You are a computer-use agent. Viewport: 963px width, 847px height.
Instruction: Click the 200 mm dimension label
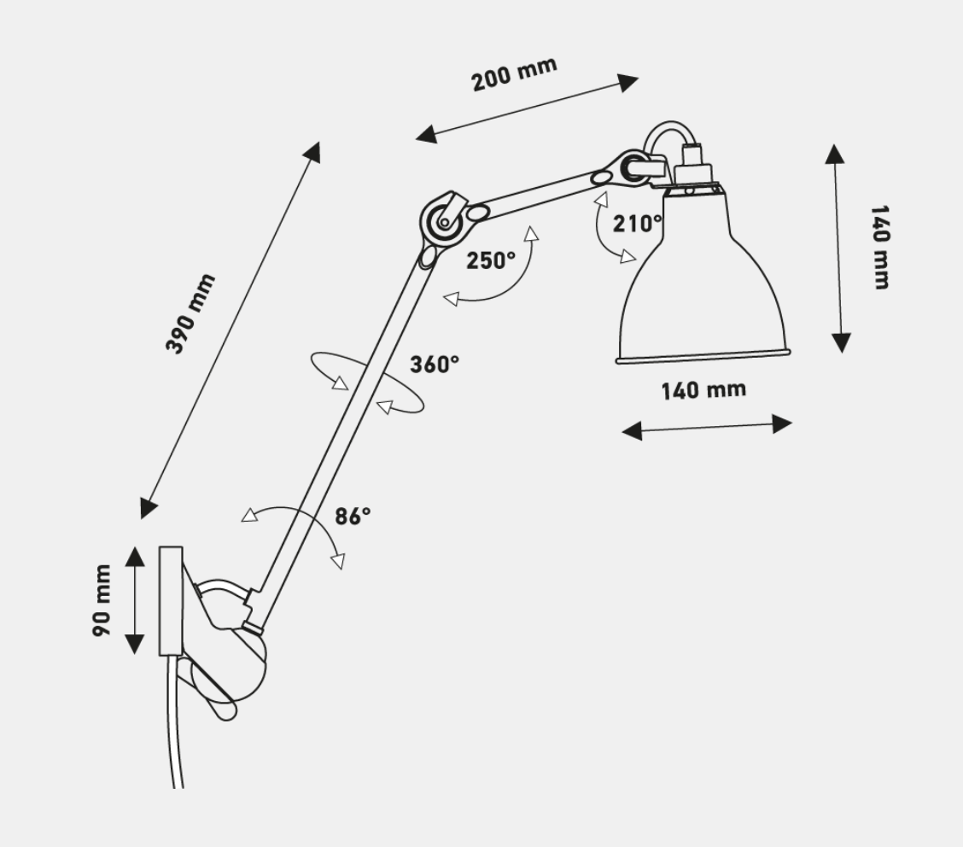point(514,74)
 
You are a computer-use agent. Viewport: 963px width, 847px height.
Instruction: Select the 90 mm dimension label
point(102,600)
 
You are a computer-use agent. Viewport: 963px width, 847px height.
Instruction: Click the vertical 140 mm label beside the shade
point(878,247)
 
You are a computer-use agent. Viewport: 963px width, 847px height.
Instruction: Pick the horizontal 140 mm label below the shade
point(703,390)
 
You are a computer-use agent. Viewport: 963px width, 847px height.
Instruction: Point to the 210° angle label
point(637,224)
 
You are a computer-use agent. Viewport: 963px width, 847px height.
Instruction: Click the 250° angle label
point(490,260)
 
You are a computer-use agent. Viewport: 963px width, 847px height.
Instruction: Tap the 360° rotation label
point(434,364)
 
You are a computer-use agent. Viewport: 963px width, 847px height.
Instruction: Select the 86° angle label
point(352,516)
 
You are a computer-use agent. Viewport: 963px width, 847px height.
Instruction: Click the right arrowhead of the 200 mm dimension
point(629,82)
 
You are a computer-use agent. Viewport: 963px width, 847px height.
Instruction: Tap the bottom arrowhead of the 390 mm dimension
point(149,507)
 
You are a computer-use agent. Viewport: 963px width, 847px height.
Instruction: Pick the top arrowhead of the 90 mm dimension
point(135,556)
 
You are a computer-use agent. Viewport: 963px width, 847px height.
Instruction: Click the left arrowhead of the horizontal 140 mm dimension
point(632,431)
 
